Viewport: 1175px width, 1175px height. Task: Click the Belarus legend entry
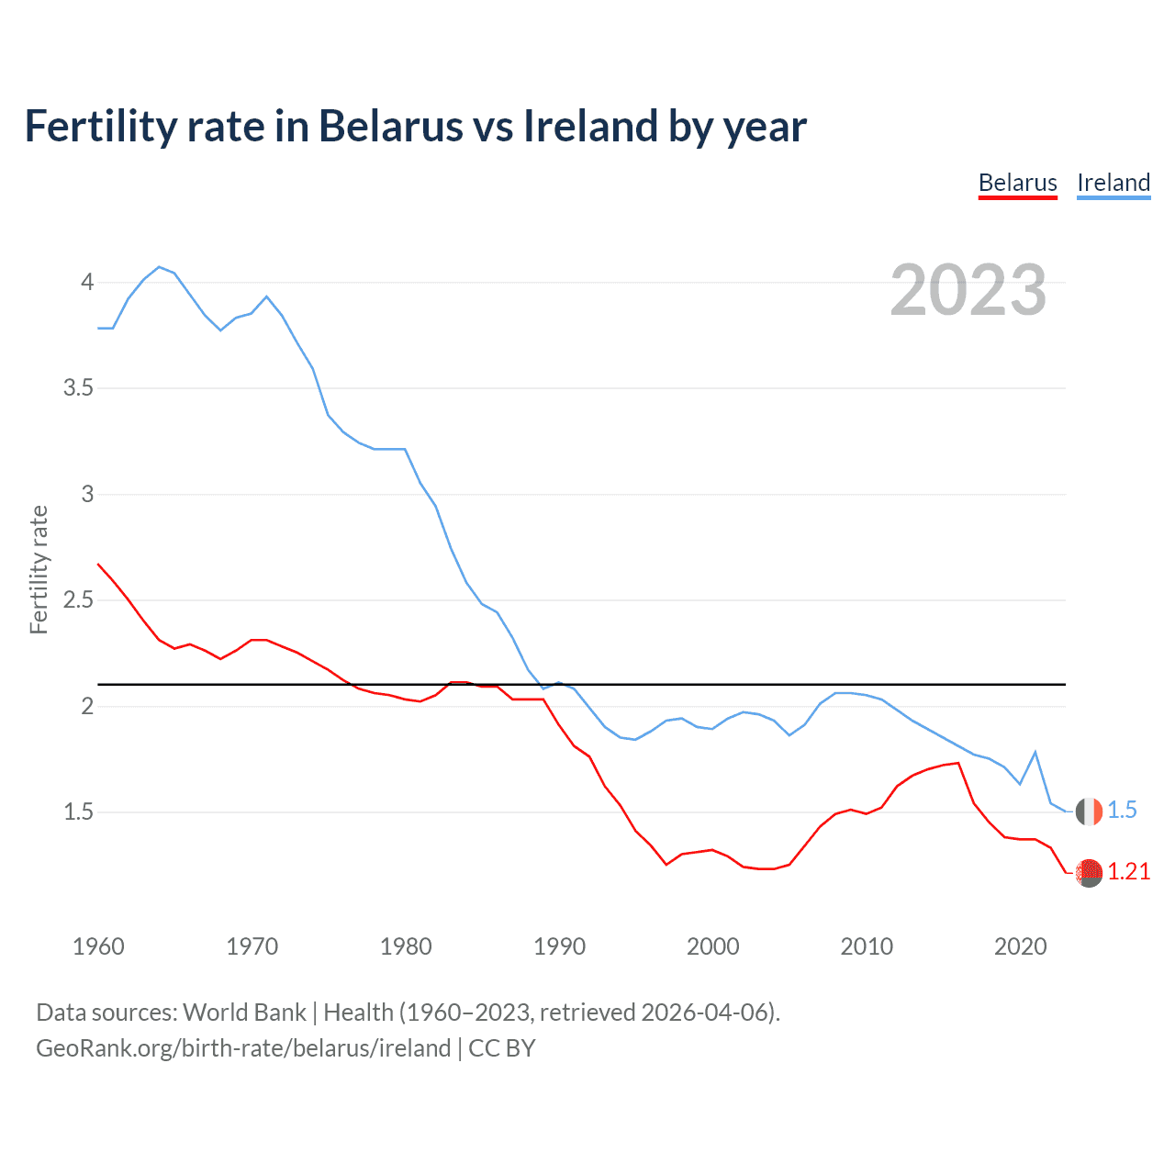(x=1017, y=183)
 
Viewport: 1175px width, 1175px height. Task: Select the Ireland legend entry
(x=1113, y=183)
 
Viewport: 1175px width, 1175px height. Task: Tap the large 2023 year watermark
(x=968, y=290)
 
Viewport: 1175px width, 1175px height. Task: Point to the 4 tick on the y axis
(x=87, y=282)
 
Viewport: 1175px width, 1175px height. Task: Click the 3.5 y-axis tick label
(x=79, y=388)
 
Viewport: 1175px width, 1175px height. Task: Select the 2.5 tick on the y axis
(x=79, y=600)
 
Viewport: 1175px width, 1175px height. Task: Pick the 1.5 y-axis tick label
(x=79, y=812)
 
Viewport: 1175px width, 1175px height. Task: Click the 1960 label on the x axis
(x=98, y=946)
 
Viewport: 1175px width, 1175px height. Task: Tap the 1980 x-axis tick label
(x=406, y=946)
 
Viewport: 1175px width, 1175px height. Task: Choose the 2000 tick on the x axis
(x=712, y=946)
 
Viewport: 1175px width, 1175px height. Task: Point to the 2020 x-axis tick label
(x=1020, y=946)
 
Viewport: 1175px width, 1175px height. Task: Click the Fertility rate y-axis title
(x=39, y=569)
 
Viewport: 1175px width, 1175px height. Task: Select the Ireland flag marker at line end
(x=1089, y=811)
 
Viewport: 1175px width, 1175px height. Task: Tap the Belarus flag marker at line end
(x=1089, y=872)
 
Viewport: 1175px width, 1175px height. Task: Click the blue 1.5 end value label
(x=1122, y=811)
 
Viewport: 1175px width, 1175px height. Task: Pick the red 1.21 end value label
(x=1128, y=872)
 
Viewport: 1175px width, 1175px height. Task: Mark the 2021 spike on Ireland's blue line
(x=1035, y=752)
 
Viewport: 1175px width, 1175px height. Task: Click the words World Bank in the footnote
(x=244, y=1013)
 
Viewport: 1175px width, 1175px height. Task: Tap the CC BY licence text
(x=502, y=1048)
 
